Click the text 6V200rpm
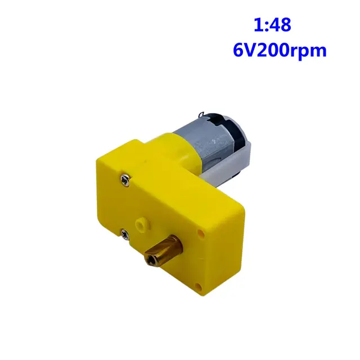coord(279,49)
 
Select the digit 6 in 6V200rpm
coord(238,49)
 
